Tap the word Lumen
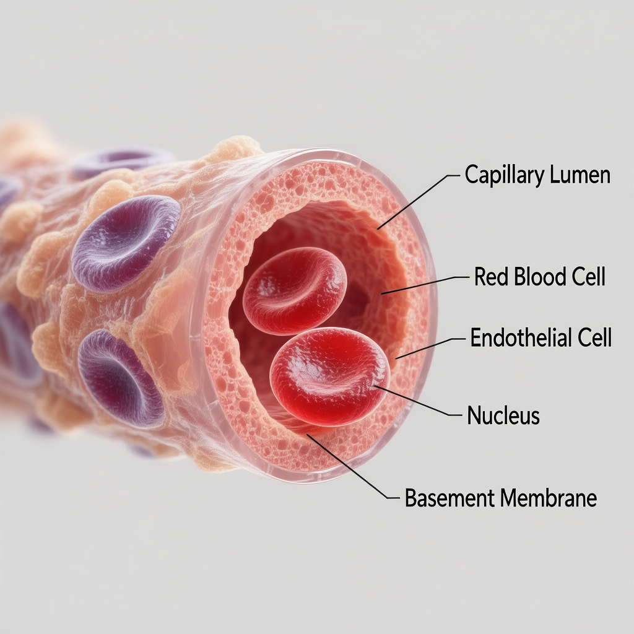[x=580, y=176]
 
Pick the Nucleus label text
[x=503, y=415]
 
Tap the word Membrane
[x=549, y=498]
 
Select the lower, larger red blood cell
[x=329, y=376]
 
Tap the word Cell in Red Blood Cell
[x=588, y=277]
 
